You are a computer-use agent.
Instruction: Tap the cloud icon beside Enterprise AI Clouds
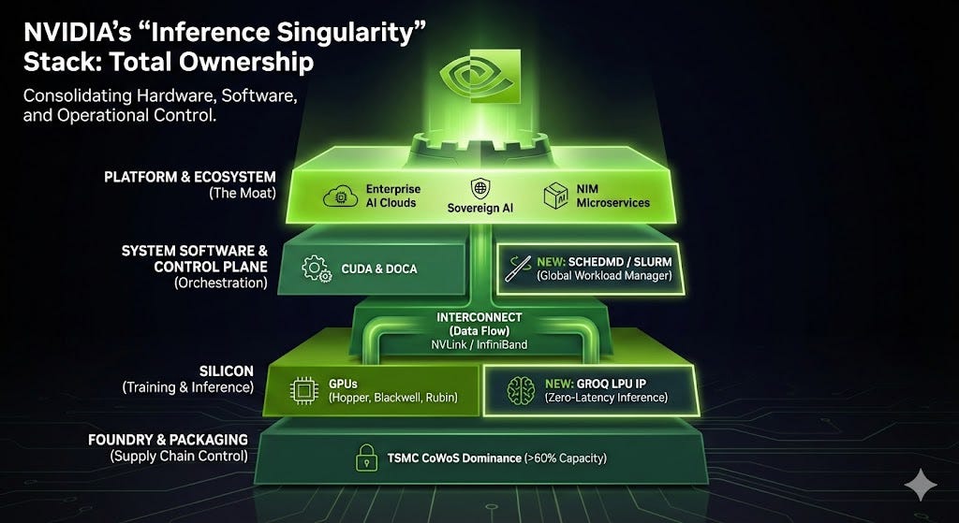click(337, 196)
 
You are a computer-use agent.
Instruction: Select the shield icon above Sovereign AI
click(479, 187)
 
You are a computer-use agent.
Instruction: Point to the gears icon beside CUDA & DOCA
click(315, 269)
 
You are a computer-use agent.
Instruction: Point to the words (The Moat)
click(242, 194)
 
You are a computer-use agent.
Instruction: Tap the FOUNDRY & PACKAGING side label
click(168, 440)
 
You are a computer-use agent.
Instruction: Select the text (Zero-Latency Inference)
click(605, 398)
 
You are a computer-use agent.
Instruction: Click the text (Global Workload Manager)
click(605, 276)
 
